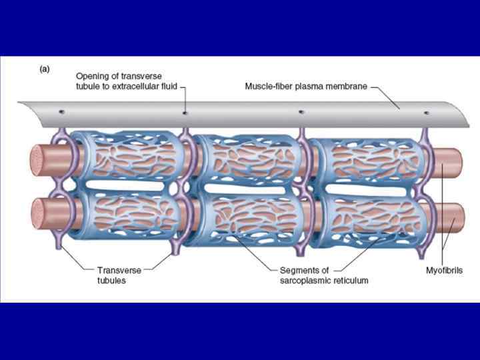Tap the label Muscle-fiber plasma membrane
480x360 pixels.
301,87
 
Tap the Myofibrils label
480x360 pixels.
444,271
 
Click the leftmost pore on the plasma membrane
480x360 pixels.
61,111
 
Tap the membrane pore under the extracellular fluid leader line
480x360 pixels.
185,112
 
